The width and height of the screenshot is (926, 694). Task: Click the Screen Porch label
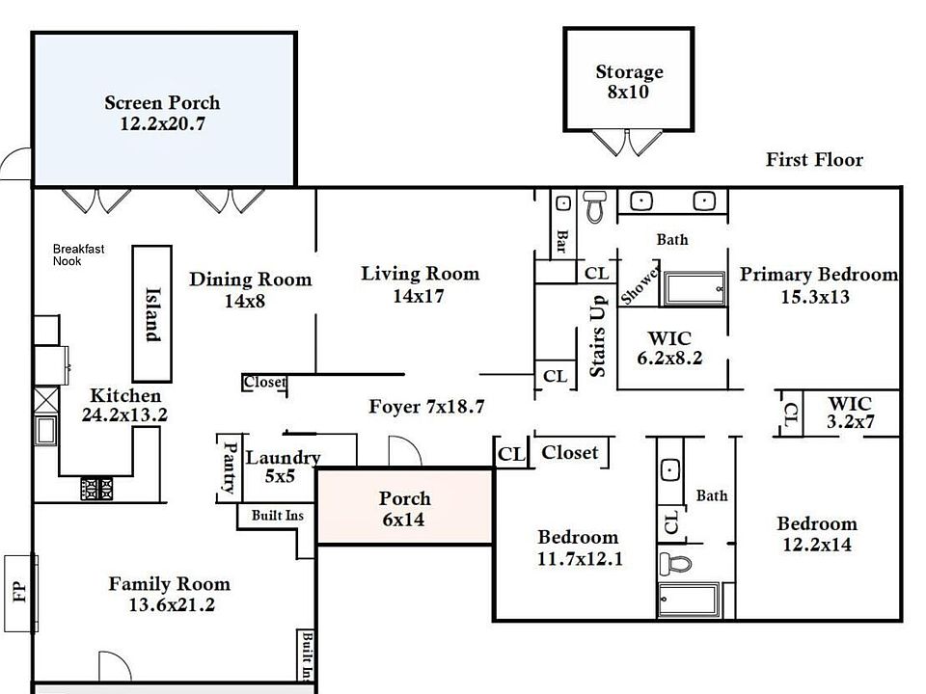(x=162, y=113)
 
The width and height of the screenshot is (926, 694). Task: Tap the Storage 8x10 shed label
(x=629, y=82)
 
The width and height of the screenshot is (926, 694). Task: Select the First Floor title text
(x=814, y=160)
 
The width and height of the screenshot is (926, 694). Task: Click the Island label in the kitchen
(x=151, y=313)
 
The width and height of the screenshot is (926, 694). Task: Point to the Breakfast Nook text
(x=78, y=254)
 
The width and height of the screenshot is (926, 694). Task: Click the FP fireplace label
(x=19, y=591)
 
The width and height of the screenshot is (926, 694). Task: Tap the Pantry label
(x=230, y=467)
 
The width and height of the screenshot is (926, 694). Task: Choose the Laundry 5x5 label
(x=282, y=467)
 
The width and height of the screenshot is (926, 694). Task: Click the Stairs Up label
(x=597, y=336)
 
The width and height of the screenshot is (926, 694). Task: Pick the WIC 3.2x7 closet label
(x=849, y=413)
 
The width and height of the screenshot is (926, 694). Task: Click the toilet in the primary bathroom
(x=594, y=204)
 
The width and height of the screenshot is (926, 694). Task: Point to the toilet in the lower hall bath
(x=675, y=562)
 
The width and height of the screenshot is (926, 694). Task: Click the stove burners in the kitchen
(x=95, y=488)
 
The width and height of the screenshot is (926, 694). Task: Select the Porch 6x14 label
(x=404, y=509)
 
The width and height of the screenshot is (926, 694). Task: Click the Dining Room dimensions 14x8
(x=245, y=300)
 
